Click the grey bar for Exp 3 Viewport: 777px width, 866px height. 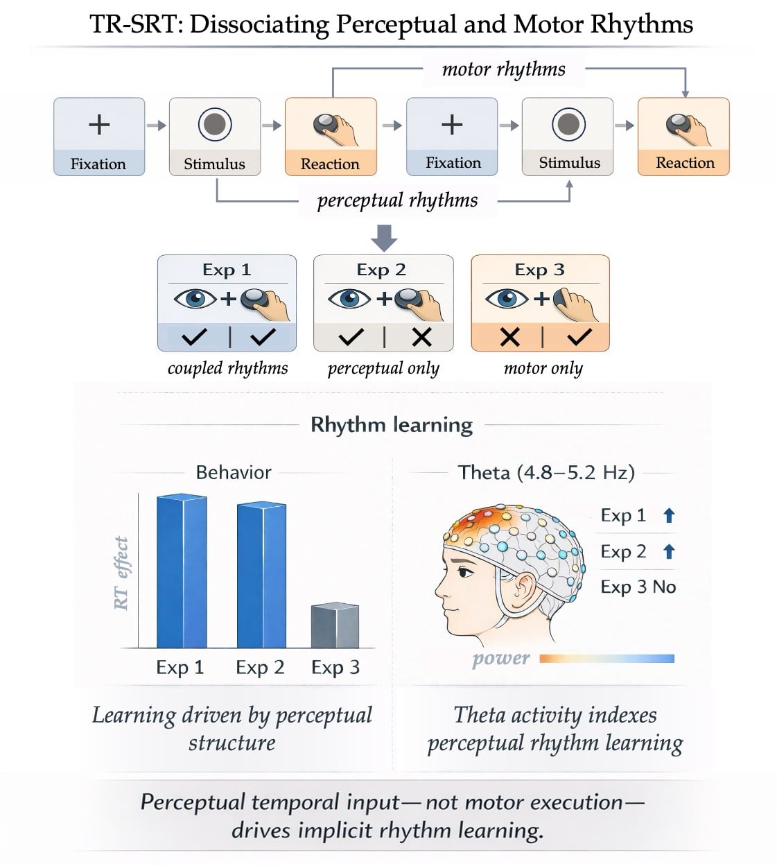335,625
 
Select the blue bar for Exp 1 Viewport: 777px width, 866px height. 182,571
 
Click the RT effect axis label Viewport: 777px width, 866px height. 121,573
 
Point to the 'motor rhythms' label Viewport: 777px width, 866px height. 503,69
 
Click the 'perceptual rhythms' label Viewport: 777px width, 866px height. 397,200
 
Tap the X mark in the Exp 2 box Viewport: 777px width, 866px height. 421,337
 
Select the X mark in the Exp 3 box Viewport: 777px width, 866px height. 509,337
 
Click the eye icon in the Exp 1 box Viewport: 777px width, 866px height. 195,299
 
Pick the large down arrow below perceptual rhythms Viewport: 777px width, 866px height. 384,237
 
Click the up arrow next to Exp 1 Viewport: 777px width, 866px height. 669,515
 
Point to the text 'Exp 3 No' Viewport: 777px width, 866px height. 638,587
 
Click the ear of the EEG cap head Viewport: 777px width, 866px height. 523,587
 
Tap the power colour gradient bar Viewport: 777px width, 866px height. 606,658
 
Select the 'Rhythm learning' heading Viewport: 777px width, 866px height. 391,424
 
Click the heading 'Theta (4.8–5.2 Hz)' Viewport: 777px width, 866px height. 546,473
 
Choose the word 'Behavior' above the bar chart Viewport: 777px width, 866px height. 234,473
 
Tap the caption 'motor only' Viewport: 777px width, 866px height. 543,368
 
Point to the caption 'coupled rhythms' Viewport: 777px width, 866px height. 227,368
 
